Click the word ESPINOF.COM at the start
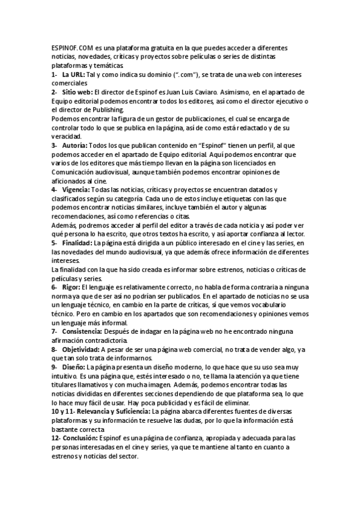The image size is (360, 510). [x=70, y=47]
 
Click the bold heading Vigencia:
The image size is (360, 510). [x=76, y=189]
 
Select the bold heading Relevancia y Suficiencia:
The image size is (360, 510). [x=104, y=411]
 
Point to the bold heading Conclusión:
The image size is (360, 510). [x=84, y=438]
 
